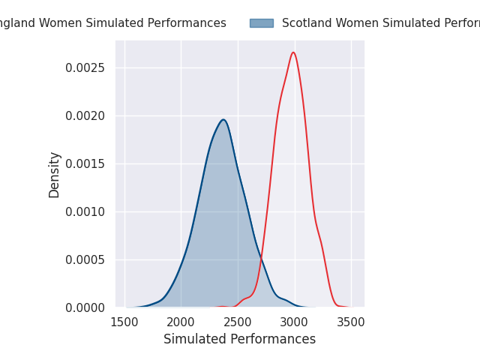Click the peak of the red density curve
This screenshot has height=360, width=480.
tap(293, 52)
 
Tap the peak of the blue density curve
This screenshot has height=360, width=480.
tap(223, 119)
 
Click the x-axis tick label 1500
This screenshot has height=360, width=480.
tap(124, 322)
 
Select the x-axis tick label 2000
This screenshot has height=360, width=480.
tap(181, 322)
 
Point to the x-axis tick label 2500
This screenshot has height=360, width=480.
tap(238, 322)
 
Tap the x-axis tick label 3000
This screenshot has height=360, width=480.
tap(294, 322)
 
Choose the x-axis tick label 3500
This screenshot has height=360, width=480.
tap(351, 322)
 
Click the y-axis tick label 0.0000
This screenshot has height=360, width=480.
tap(85, 307)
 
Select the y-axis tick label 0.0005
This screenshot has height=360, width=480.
tap(85, 259)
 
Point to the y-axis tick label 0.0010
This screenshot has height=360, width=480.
tap(85, 211)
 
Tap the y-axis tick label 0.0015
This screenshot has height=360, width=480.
tap(85, 163)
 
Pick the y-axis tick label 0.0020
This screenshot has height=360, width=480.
tap(85, 115)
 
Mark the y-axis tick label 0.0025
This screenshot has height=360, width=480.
tap(85, 67)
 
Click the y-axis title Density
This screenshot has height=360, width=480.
tap(55, 174)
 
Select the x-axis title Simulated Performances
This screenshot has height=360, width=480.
tap(239, 339)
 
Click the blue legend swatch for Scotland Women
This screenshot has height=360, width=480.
tap(262, 23)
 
